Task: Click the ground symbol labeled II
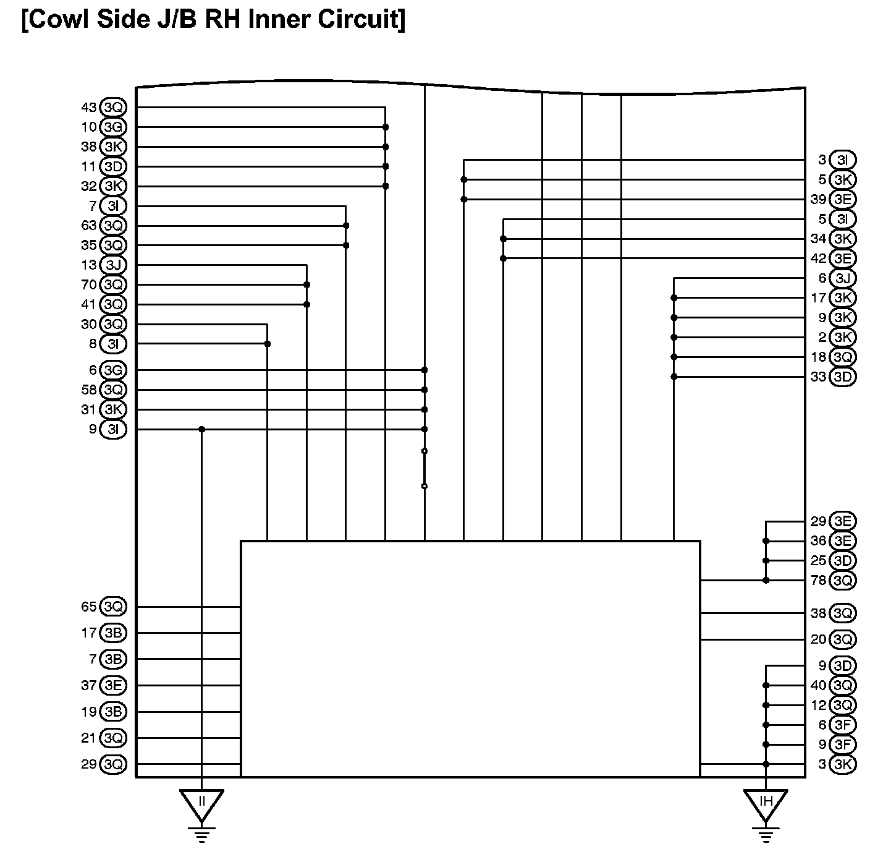201,804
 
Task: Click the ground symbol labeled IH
766,804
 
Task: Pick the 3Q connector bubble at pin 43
113,108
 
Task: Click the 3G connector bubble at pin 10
113,127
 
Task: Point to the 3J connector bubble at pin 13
113,265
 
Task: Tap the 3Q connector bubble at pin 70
113,285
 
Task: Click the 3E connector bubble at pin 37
113,686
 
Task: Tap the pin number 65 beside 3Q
89,607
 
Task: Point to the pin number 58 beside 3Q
89,390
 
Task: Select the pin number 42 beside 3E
818,258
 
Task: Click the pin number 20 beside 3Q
818,639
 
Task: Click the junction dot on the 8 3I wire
267,344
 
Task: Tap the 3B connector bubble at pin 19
113,712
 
